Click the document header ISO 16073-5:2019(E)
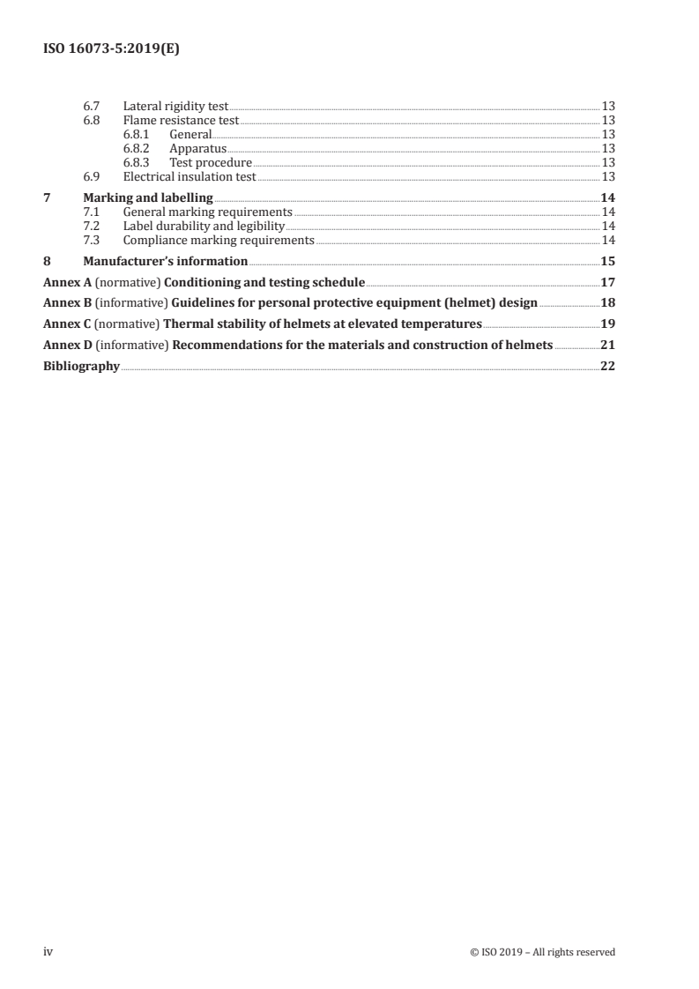112,50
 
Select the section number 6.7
90,106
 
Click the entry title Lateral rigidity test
175,106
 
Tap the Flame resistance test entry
181,120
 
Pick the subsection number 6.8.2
136,148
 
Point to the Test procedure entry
210,162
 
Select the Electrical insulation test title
189,176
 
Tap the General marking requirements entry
207,212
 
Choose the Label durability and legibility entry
204,226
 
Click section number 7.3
90,240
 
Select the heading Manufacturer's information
165,261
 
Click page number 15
607,261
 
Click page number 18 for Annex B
607,303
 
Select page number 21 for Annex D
607,345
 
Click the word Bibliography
81,366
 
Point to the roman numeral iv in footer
48,951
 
